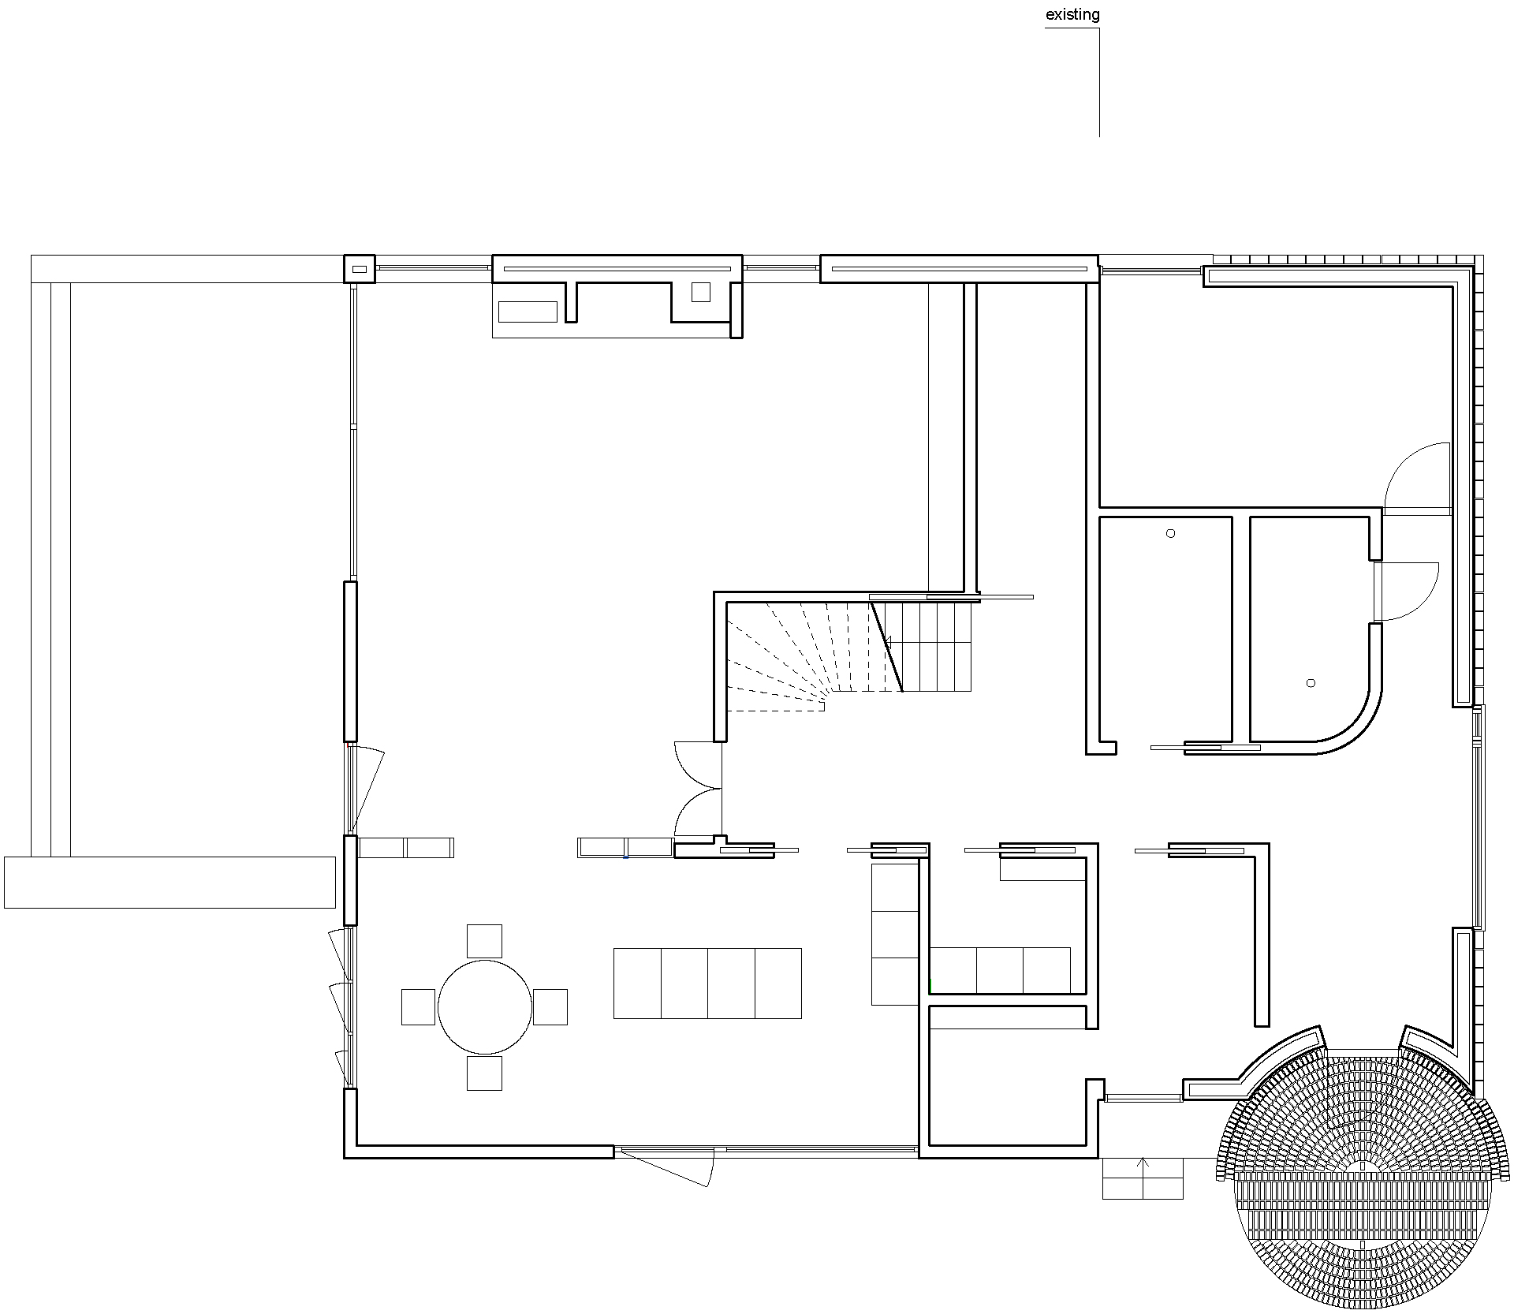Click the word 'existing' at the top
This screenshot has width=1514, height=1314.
click(1072, 15)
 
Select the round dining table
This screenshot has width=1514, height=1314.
click(485, 1006)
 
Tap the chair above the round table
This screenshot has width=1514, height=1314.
click(484, 941)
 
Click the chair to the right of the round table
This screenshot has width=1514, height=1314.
click(550, 1006)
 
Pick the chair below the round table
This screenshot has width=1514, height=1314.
click(484, 1073)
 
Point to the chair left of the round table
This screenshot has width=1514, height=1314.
click(418, 1006)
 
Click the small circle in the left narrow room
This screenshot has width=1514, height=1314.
click(1170, 533)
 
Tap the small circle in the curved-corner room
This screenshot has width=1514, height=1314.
click(1311, 683)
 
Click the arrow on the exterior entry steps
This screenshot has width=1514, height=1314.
click(1143, 1164)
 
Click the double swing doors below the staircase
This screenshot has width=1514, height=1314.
click(699, 789)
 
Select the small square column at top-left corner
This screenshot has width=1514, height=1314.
click(360, 269)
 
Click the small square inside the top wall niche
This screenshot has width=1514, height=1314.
click(700, 292)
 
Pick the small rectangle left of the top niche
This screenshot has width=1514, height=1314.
click(528, 312)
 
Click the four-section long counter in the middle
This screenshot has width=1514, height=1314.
click(707, 983)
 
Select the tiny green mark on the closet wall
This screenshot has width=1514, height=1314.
click(930, 986)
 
